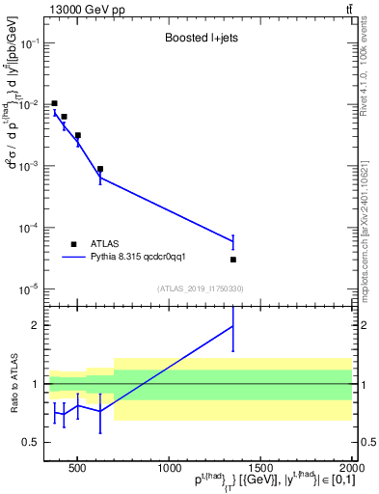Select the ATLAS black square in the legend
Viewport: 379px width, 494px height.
(x=73, y=244)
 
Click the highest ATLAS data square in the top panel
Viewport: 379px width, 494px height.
(x=54, y=103)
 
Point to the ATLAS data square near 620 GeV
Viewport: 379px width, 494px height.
(x=100, y=169)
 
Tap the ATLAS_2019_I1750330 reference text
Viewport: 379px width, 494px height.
(x=200, y=288)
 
